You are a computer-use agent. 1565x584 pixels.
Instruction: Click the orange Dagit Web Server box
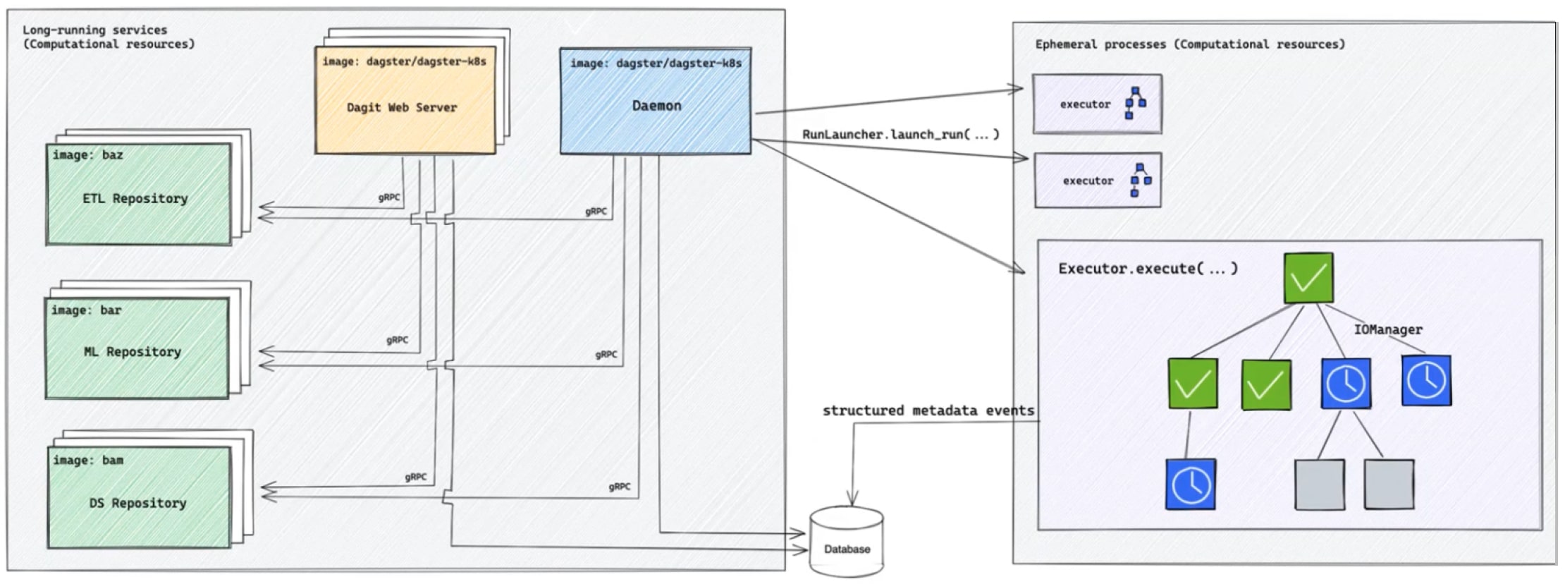[x=405, y=99]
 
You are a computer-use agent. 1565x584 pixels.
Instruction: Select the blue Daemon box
[x=656, y=101]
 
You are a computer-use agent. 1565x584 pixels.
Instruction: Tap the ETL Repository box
[x=139, y=194]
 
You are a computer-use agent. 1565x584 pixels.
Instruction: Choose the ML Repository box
[x=137, y=348]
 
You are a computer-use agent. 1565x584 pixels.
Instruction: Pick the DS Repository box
[x=140, y=497]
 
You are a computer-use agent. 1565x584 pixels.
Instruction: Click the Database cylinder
[x=847, y=542]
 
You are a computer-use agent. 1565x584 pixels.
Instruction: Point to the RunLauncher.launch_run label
[x=900, y=134]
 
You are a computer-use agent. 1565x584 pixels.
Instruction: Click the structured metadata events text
[x=928, y=410]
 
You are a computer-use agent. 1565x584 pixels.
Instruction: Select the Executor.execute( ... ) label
[x=1148, y=269]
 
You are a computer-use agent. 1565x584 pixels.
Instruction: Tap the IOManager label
[x=1388, y=329]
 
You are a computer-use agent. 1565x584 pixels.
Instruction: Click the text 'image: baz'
[x=87, y=155]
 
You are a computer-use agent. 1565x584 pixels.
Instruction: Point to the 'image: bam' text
[x=88, y=461]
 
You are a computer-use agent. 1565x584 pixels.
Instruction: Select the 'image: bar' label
[x=86, y=310]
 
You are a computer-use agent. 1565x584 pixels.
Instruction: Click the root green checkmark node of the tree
[x=1308, y=278]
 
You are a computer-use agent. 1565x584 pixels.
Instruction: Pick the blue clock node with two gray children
[x=1346, y=384]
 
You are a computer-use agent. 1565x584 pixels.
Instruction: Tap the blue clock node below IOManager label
[x=1426, y=380]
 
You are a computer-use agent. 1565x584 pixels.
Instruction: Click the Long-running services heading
[x=109, y=37]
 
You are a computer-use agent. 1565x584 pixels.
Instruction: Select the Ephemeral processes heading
[x=1190, y=44]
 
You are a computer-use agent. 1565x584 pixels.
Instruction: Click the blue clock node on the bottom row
[x=1191, y=484]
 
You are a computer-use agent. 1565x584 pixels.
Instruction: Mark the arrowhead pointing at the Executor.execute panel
[x=1020, y=269]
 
